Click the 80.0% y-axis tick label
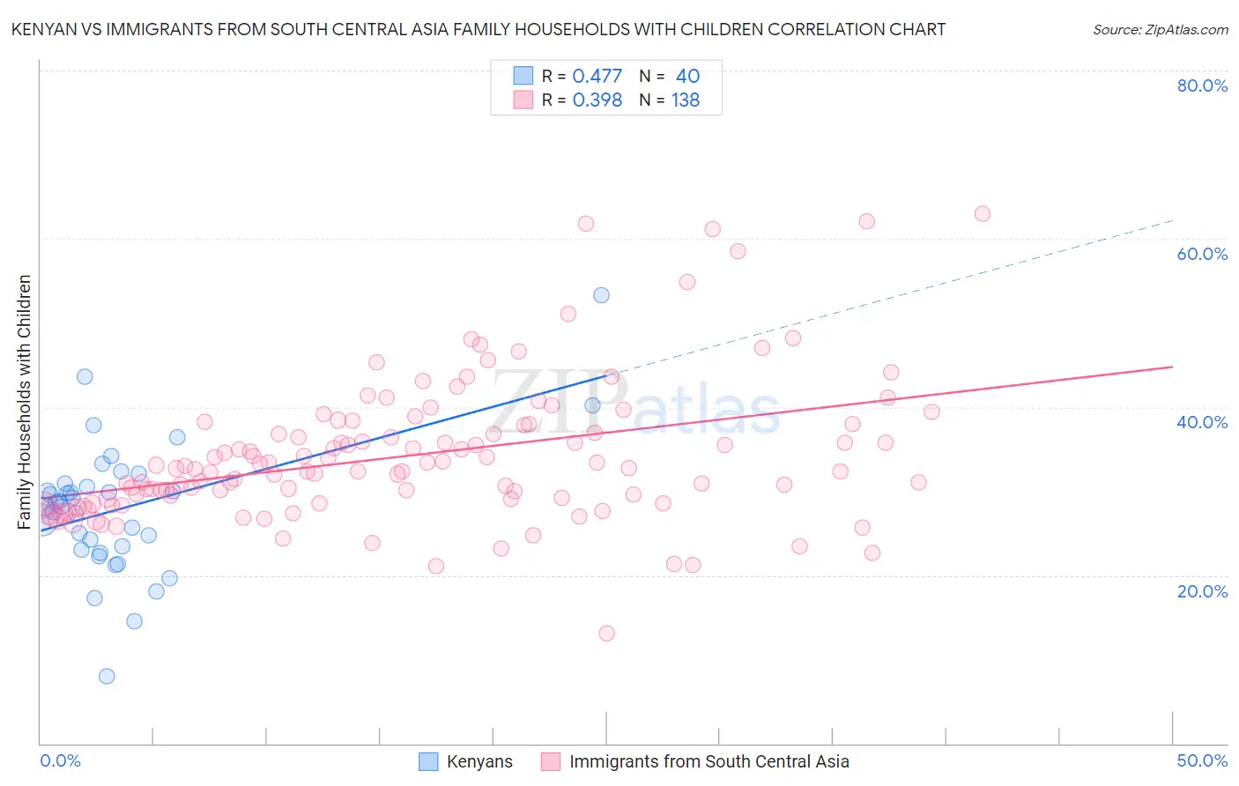pos(1202,85)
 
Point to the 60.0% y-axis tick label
pos(1202,254)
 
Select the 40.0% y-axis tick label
pos(1202,422)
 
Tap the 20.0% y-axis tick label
pos(1202,591)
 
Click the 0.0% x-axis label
pos(60,760)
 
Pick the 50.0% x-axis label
pos(1202,760)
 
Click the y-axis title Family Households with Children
pos(24,402)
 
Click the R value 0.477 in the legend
pos(597,76)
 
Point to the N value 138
pos(686,100)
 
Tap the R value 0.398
pos(597,100)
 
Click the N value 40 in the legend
pos(687,76)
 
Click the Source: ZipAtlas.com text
pos(1160,30)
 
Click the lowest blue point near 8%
pos(107,676)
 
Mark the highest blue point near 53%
pos(601,295)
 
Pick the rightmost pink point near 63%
pos(983,214)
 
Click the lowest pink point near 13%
pos(606,633)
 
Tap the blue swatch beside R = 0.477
pos(523,76)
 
